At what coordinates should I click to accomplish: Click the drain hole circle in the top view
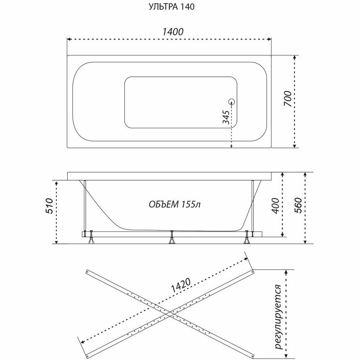[232, 102]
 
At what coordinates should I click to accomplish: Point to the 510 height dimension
[49, 207]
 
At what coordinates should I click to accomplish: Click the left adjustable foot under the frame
[92, 238]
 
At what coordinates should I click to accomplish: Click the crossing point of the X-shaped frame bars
[169, 313]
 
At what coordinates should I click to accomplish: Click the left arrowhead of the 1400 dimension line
[69, 39]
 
